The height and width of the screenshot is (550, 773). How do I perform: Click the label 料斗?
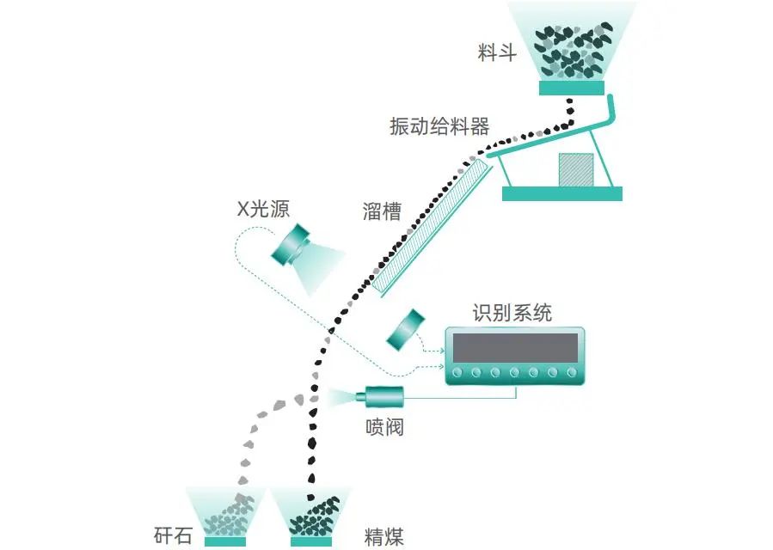click(x=497, y=53)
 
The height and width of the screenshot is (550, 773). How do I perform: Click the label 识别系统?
click(x=512, y=313)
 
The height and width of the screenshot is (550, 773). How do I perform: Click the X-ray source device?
click(x=292, y=247)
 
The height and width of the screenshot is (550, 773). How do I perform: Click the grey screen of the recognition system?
click(x=514, y=347)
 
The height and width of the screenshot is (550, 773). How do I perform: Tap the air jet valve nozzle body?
click(x=383, y=396)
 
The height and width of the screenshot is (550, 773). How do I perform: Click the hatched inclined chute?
click(x=434, y=225)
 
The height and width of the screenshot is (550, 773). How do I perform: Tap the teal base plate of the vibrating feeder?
click(x=561, y=194)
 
